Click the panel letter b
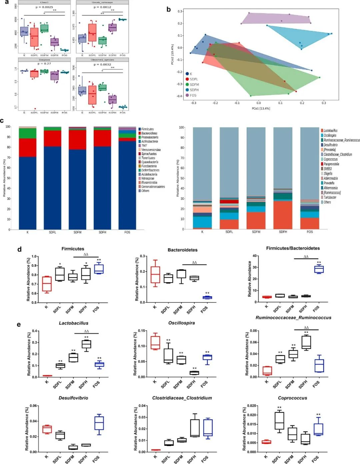tap(169, 9)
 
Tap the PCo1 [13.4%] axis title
tap(261, 108)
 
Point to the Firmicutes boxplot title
tap(73, 249)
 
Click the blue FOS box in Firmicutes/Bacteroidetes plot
tap(319, 269)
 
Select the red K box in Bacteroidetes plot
tap(155, 275)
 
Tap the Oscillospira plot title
tap(182, 323)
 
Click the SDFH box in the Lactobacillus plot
tap(86, 344)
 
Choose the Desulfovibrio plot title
tap(73, 398)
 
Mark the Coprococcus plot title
tap(292, 398)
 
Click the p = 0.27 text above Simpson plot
tap(44, 64)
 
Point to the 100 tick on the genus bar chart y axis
tap(182, 127)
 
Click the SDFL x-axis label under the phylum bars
tap(52, 232)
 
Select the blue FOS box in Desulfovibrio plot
tap(99, 423)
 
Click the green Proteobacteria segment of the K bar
tap(27, 133)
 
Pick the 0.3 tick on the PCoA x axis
tap(324, 103)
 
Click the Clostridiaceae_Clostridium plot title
tap(182, 398)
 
